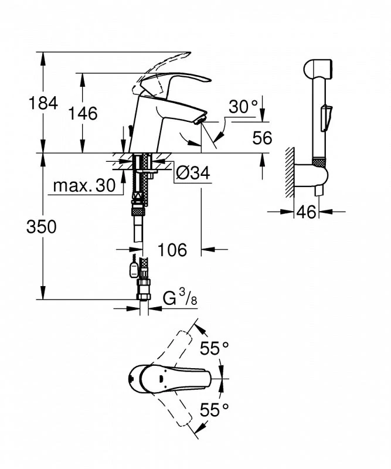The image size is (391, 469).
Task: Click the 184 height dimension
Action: click(43, 103)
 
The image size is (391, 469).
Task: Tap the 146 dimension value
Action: click(83, 113)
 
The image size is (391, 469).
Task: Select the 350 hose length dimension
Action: click(41, 226)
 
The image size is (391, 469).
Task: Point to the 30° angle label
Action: click(243, 106)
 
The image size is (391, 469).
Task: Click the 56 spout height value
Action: click(263, 138)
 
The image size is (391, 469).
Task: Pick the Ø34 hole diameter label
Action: click(193, 173)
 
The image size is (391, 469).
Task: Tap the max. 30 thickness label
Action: click(84, 186)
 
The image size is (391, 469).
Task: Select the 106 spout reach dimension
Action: click(172, 250)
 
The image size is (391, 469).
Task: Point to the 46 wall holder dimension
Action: click(306, 212)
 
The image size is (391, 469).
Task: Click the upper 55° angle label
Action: click(214, 348)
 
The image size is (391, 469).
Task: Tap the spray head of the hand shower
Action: click(318, 69)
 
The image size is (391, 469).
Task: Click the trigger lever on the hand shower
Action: click(325, 118)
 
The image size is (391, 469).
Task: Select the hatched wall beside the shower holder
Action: click(290, 172)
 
